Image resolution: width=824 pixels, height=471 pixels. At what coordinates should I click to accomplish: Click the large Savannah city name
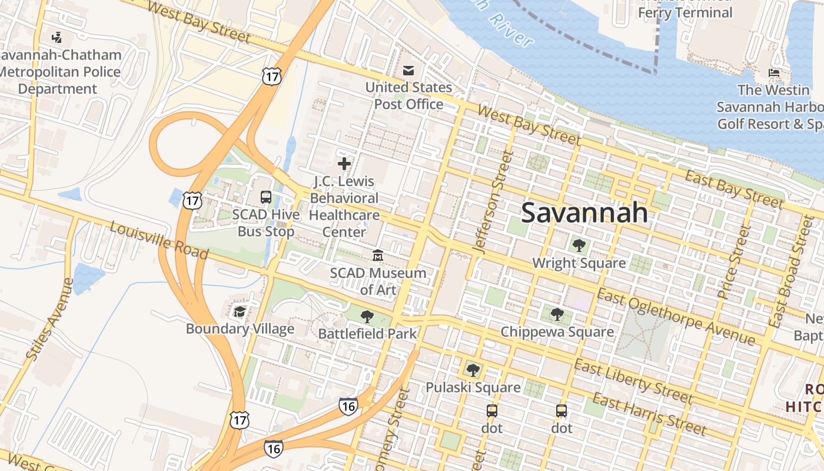(584, 213)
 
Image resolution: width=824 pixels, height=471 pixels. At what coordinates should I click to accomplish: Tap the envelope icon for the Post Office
(408, 71)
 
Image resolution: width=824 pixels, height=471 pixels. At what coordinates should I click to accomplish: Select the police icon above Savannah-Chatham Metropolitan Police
(57, 38)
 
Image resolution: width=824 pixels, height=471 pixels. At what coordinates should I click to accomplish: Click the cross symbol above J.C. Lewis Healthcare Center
(344, 164)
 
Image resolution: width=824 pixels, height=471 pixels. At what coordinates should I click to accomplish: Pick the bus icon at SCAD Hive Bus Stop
(266, 197)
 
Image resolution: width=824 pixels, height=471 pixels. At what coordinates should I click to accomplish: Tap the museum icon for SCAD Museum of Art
(377, 256)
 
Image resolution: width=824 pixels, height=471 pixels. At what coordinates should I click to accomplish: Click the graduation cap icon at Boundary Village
(240, 311)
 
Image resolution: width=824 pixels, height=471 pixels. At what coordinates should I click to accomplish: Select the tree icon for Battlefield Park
(367, 317)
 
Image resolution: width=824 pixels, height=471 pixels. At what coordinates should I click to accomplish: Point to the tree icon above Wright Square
(579, 246)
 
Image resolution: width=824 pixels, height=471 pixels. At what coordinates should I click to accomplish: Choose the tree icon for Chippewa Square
(557, 314)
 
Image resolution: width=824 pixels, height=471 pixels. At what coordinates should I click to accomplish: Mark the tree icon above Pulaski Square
(473, 370)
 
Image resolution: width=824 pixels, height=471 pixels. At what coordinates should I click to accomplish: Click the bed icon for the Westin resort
(774, 73)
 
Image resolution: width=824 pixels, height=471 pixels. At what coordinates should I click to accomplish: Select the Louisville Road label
(159, 241)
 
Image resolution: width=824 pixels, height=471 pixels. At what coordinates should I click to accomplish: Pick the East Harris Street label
(649, 413)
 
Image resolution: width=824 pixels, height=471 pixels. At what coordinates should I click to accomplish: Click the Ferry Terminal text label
(685, 12)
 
